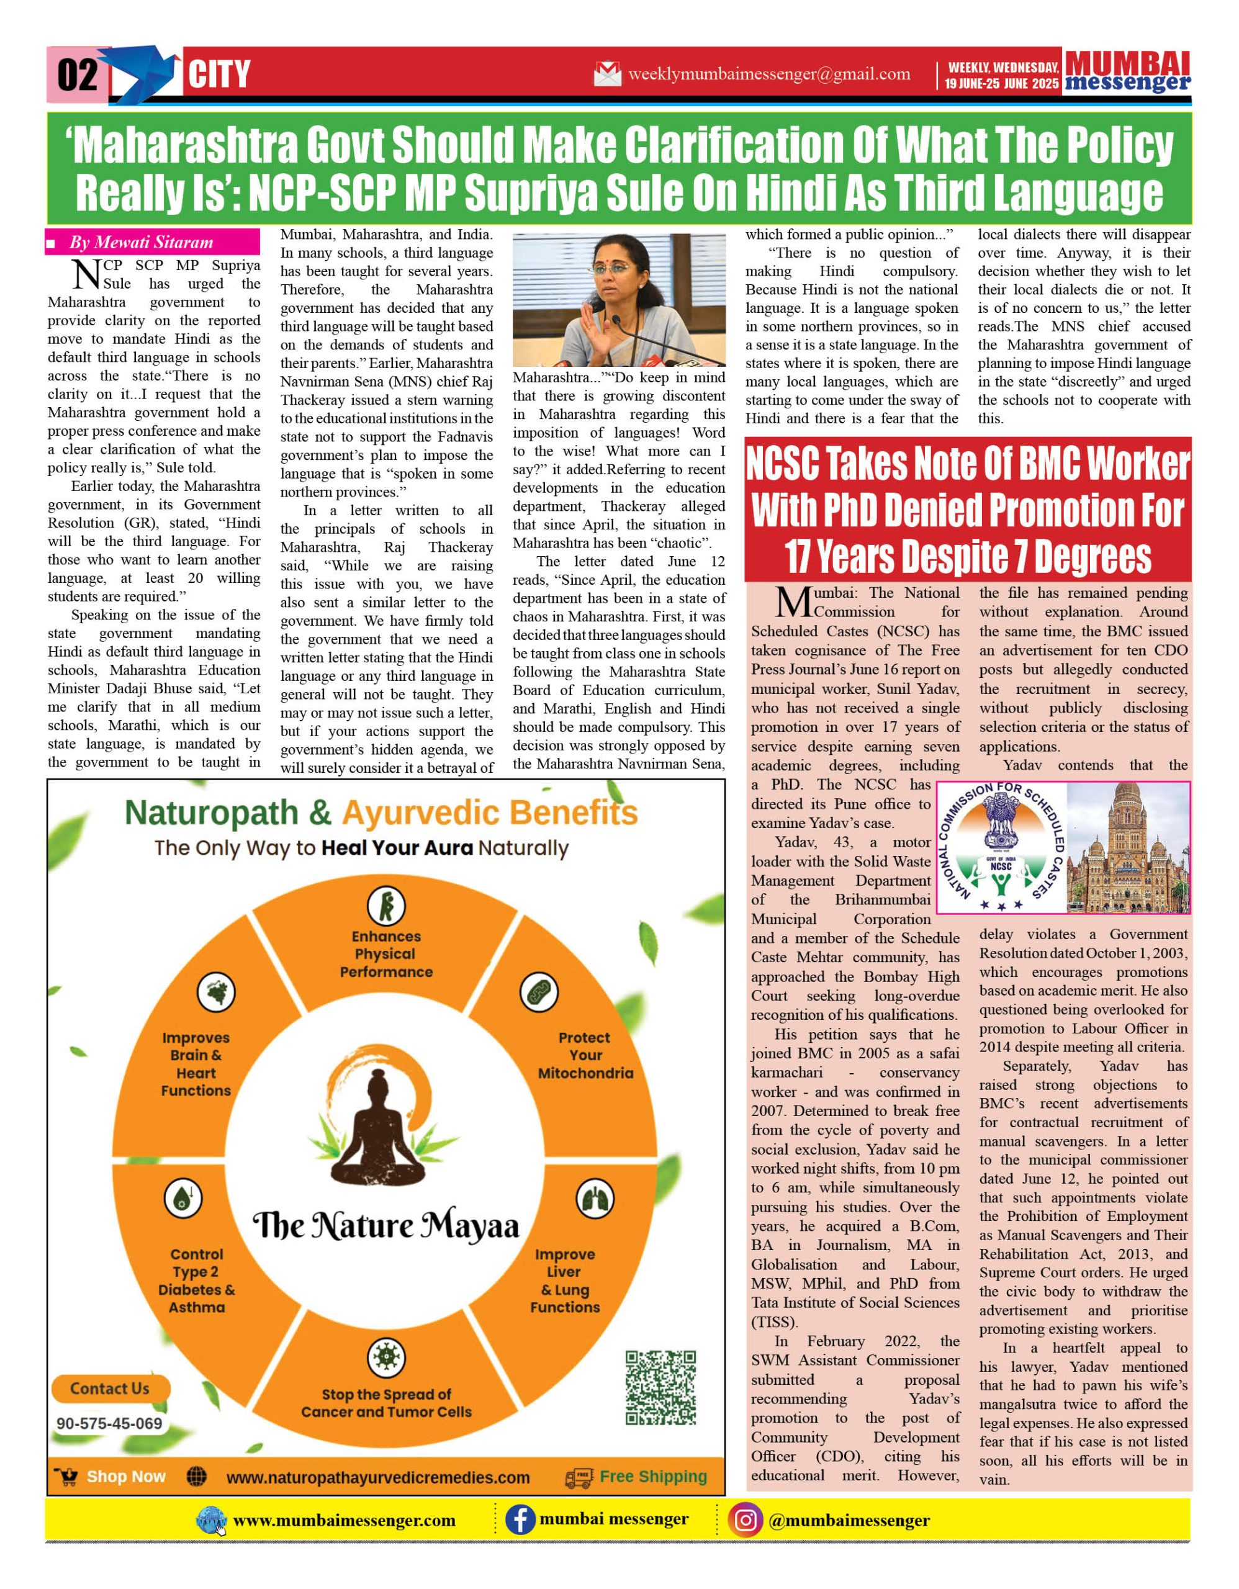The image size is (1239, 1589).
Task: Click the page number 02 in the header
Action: (77, 74)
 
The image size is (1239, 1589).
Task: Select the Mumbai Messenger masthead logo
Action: (1127, 72)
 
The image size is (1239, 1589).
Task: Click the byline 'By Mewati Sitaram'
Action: (141, 242)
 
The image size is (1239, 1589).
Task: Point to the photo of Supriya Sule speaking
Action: (619, 300)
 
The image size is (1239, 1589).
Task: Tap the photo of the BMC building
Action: (1128, 848)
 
